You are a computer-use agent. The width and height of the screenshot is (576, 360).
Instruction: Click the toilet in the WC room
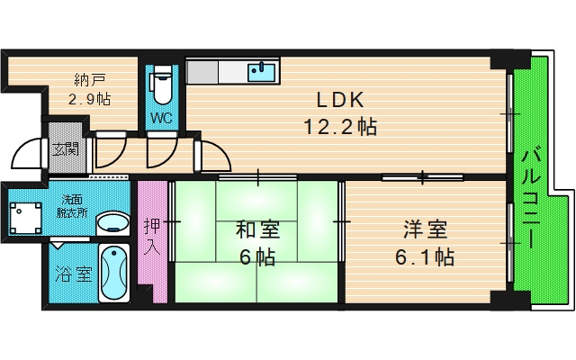(162, 85)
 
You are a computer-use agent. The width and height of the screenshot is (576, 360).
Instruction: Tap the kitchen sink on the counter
(262, 72)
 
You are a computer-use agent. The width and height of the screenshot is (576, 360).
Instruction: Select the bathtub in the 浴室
(114, 272)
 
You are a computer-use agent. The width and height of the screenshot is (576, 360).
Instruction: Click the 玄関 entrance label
(64, 150)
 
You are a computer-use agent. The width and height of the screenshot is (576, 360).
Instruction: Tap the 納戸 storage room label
(88, 78)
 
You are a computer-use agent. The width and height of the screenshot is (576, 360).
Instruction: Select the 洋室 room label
(425, 229)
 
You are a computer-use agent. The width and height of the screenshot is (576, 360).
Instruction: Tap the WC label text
(161, 117)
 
